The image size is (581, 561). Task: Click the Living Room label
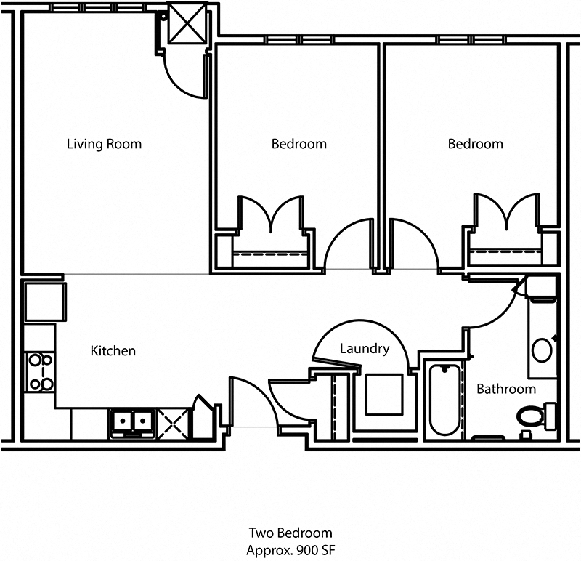coord(104,144)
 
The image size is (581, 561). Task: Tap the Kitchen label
coord(113,351)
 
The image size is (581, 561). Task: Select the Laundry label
coord(365,349)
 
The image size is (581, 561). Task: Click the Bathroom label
coord(505,389)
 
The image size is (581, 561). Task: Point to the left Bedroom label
coord(298,144)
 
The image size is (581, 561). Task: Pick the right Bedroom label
coord(475,144)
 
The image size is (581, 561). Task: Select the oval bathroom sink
coord(542,350)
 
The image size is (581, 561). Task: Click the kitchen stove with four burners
coord(39,372)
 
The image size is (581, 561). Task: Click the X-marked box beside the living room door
coord(187,24)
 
